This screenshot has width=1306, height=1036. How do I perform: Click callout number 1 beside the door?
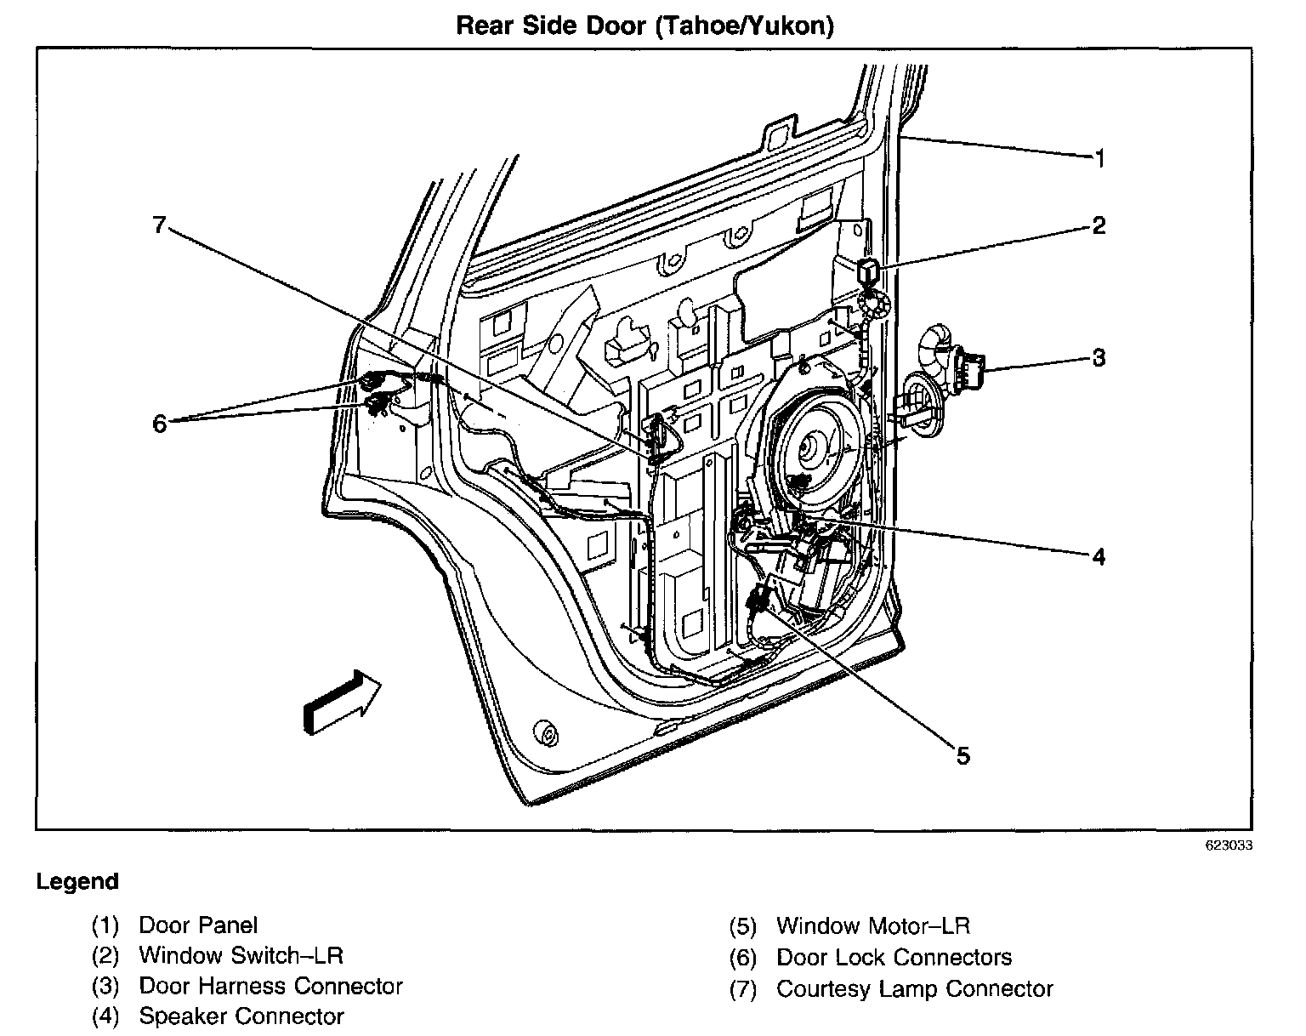(1099, 158)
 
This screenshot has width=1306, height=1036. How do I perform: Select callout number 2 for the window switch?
(1099, 225)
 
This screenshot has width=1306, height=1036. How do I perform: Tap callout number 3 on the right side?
(1099, 358)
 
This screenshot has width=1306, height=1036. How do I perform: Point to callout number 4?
(1099, 557)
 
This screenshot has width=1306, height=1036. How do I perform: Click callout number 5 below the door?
(962, 755)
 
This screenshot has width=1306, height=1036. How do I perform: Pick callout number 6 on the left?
(160, 423)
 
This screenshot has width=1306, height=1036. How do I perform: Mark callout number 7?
(158, 225)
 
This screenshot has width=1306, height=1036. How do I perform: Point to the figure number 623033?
(1228, 846)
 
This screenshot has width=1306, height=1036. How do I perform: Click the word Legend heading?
(77, 882)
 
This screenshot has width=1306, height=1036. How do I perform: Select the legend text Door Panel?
(198, 925)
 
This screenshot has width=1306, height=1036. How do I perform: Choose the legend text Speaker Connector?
(241, 1016)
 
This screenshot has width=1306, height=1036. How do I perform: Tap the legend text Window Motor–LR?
(873, 925)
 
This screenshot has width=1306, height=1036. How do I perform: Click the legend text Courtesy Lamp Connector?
(915, 989)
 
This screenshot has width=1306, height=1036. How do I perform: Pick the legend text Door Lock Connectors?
(894, 958)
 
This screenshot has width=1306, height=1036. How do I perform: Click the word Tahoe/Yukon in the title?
(742, 26)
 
